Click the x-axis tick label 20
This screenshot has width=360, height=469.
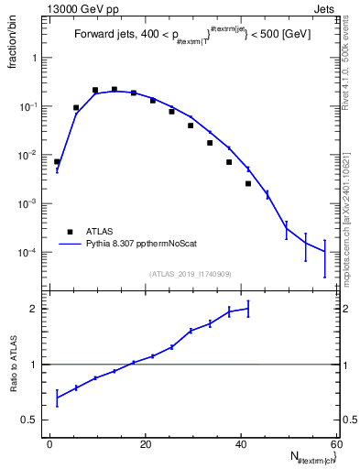(x=145, y=444)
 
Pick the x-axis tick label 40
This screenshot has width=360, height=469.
(x=240, y=444)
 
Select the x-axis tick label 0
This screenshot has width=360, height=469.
(x=49, y=444)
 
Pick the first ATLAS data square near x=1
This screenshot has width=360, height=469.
(x=57, y=161)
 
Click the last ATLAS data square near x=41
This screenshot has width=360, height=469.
(x=248, y=183)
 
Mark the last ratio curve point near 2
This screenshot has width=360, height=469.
(x=248, y=308)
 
